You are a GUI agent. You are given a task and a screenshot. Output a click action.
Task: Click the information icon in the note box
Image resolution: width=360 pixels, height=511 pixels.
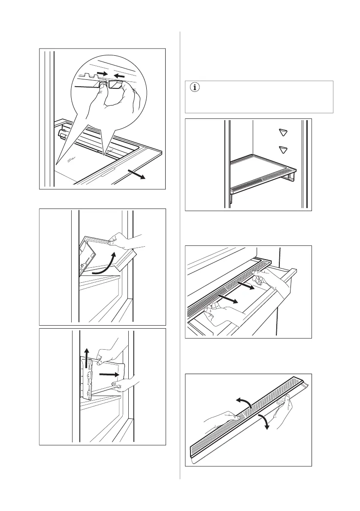coord(196,88)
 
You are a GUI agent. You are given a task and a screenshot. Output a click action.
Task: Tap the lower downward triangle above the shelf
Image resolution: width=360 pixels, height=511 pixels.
coord(282,149)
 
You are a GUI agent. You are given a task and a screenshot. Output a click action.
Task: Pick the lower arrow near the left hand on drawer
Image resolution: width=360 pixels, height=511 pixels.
coord(227,299)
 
